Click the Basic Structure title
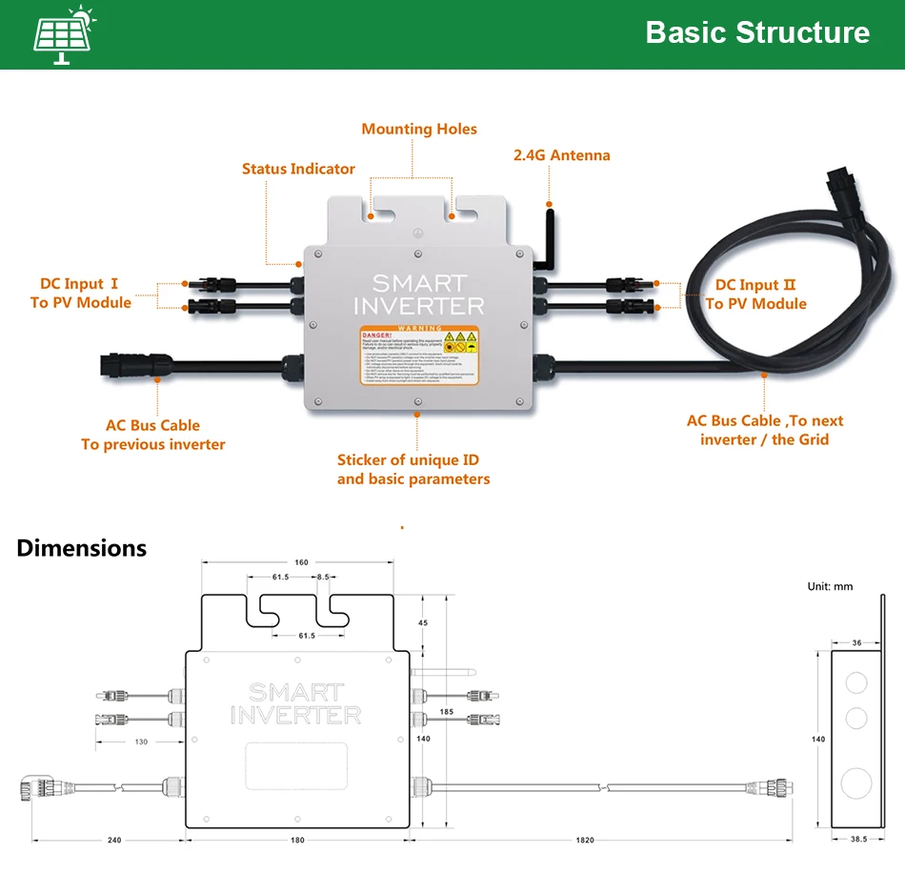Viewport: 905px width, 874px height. [757, 32]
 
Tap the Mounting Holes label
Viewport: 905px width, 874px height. [419, 130]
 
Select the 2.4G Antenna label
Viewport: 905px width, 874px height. [562, 155]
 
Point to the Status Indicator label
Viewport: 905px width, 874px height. [298, 170]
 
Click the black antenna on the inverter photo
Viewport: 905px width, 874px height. [547, 234]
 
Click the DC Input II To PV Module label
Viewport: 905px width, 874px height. [755, 295]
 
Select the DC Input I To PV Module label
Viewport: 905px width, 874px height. [80, 294]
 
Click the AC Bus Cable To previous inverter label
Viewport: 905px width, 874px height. [152, 435]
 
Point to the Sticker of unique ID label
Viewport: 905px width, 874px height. [413, 469]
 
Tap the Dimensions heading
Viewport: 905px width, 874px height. [82, 548]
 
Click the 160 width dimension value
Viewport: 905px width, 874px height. [301, 562]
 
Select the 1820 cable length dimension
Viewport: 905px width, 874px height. [585, 840]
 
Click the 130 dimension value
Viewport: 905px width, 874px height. [141, 742]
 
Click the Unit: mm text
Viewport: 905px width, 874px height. [830, 586]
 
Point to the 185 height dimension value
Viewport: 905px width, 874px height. [447, 712]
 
